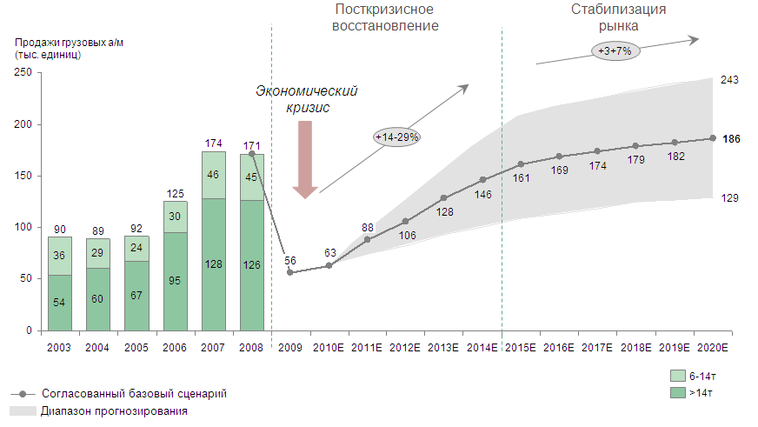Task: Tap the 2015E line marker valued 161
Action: (x=521, y=164)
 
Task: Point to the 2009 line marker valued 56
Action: (x=289, y=272)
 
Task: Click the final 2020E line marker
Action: (x=713, y=138)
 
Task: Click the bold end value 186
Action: (x=731, y=138)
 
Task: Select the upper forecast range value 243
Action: (x=730, y=80)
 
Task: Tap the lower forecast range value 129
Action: (x=730, y=198)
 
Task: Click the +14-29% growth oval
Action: (x=397, y=137)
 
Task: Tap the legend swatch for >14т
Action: (x=678, y=391)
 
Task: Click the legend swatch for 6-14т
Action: (x=678, y=377)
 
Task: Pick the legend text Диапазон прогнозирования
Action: (x=113, y=410)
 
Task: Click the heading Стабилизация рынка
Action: (x=619, y=17)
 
